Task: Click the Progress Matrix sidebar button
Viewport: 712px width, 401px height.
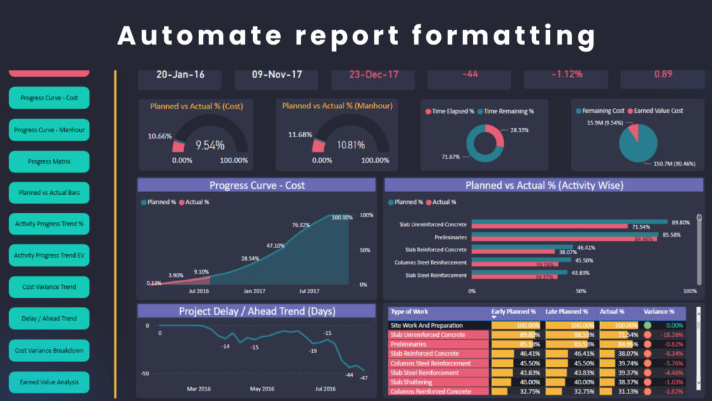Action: tap(49, 162)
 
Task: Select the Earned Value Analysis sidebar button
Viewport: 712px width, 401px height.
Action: tap(49, 382)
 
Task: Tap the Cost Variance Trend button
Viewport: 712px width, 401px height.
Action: tap(49, 288)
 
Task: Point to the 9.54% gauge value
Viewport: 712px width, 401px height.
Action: tap(210, 146)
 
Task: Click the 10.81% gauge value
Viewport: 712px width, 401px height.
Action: tap(350, 146)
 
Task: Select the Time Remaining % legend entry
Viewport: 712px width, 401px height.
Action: tap(508, 111)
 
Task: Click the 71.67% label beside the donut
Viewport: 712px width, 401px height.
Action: tap(451, 157)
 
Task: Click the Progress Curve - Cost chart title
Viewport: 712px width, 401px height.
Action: tap(257, 185)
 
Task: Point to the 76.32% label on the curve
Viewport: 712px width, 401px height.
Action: tap(301, 225)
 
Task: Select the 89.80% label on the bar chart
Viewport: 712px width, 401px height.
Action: tap(681, 222)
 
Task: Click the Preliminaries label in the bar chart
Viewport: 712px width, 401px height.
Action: tap(448, 237)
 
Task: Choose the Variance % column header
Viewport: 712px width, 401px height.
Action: tap(659, 312)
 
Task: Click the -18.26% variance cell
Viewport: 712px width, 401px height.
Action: tap(671, 335)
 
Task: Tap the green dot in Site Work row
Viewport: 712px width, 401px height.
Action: tap(647, 325)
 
